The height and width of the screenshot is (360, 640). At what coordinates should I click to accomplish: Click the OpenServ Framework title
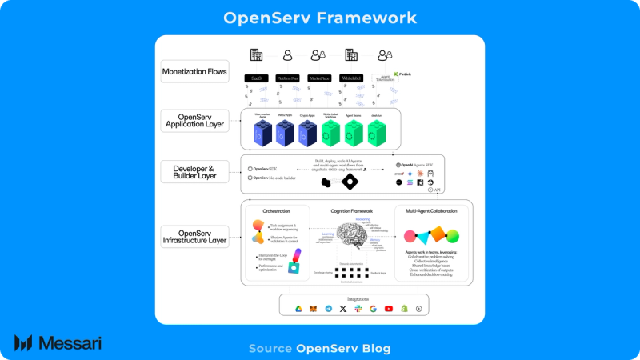click(320, 18)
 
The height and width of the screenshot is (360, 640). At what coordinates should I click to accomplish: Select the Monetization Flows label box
click(194, 72)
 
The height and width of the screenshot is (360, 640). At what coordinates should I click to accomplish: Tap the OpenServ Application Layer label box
click(194, 120)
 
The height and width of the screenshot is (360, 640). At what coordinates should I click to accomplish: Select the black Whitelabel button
click(350, 78)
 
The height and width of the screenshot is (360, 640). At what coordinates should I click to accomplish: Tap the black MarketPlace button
click(319, 78)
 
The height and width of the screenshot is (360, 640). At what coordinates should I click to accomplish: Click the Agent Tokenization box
click(386, 79)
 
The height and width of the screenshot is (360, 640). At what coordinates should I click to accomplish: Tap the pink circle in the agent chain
click(409, 236)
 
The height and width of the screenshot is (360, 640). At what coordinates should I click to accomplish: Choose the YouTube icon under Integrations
click(388, 308)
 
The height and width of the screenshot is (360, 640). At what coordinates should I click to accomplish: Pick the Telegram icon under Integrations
click(328, 308)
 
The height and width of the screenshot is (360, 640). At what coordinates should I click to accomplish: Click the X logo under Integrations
click(343, 308)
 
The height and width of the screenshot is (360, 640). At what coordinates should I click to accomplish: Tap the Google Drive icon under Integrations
click(298, 308)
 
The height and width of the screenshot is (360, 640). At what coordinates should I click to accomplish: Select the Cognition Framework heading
click(352, 211)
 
